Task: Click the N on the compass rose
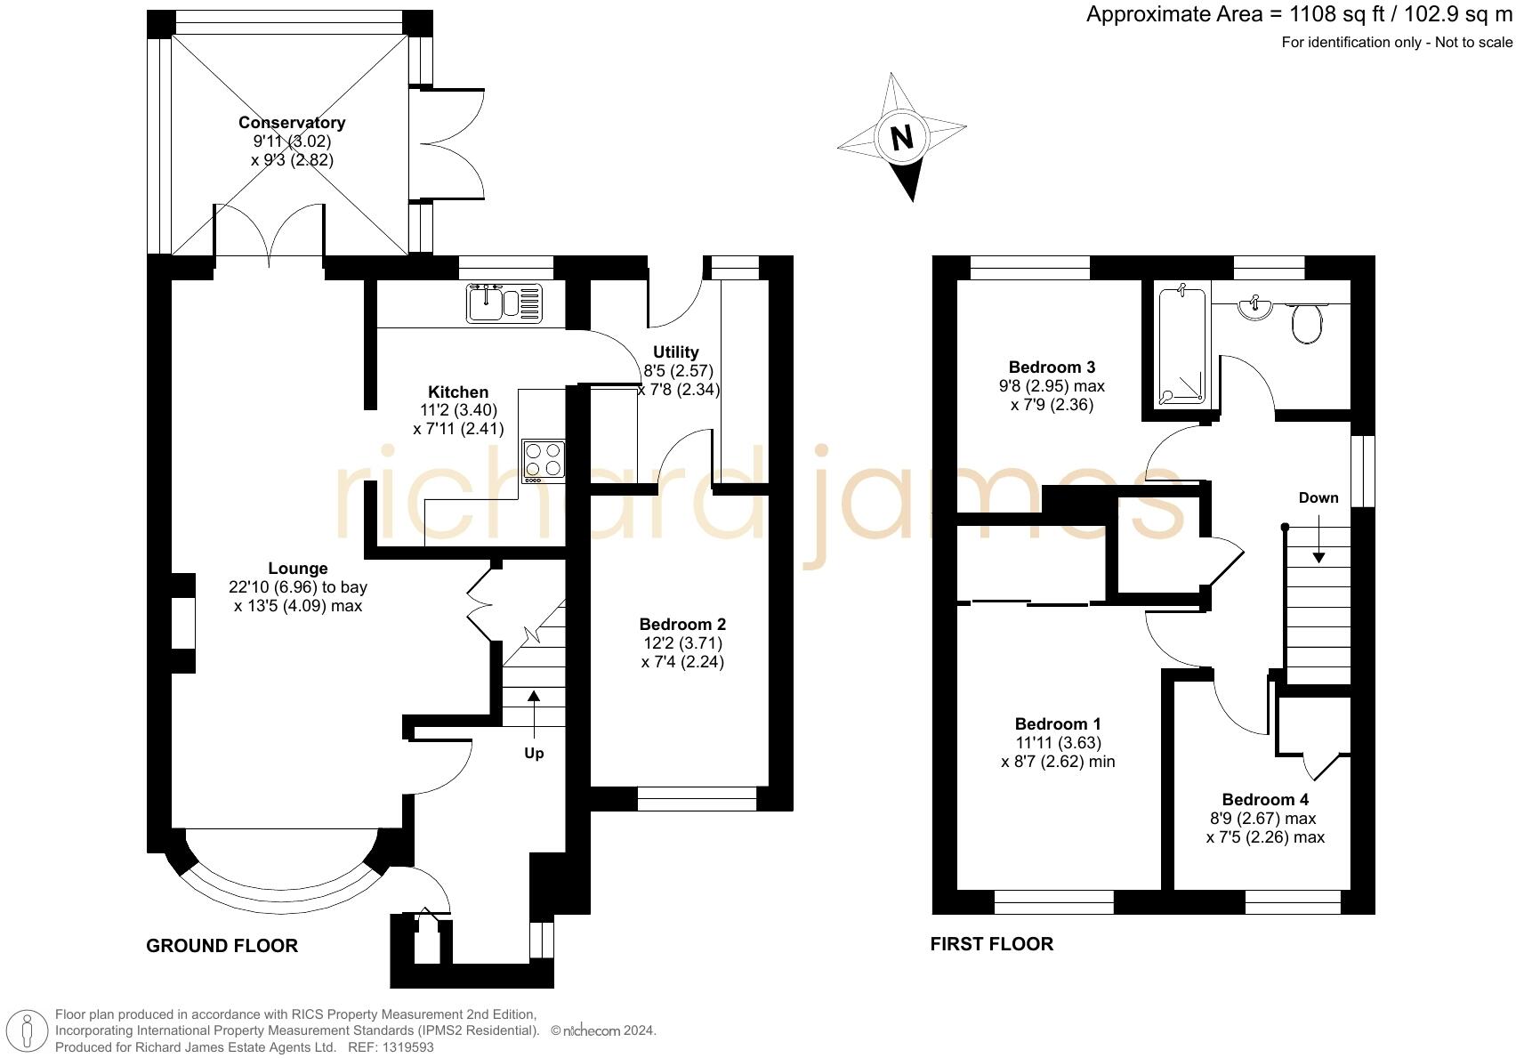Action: point(902,138)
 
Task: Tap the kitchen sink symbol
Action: point(504,303)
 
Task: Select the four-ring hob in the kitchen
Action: point(544,461)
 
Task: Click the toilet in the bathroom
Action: point(1307,323)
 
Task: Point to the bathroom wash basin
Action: point(1254,308)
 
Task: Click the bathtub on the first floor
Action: point(1182,345)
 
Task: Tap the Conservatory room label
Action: point(292,123)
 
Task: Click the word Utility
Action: point(675,351)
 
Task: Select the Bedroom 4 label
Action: point(1264,799)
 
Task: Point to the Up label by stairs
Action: point(534,753)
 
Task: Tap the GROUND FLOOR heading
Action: point(222,946)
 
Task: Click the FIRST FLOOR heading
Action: point(991,944)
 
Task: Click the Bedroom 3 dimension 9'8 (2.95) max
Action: point(1051,386)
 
